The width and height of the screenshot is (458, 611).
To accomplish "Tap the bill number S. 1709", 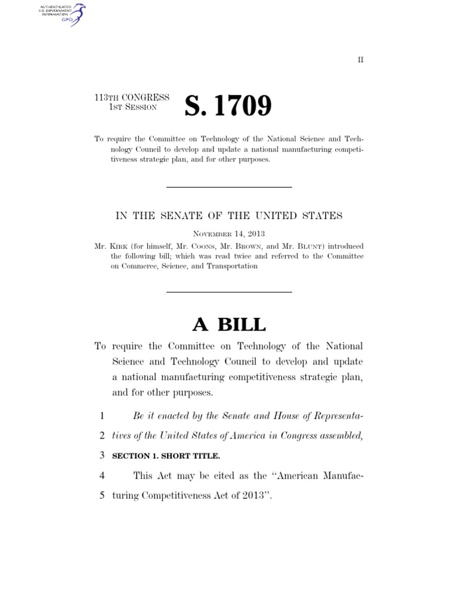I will pyautogui.click(x=228, y=106).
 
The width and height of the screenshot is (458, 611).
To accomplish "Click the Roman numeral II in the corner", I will pyautogui.click(x=360, y=60).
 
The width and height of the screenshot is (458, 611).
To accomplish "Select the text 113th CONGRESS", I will pyautogui.click(x=132, y=97).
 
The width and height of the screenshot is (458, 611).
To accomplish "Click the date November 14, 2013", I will pyautogui.click(x=229, y=234).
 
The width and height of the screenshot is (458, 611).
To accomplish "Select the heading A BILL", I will pyautogui.click(x=229, y=324).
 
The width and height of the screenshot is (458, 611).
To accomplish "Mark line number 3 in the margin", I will pyautogui.click(x=103, y=456).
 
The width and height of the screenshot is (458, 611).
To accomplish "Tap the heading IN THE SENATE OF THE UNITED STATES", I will pyautogui.click(x=229, y=215).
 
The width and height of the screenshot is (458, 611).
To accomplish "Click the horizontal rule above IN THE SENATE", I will pyautogui.click(x=229, y=188).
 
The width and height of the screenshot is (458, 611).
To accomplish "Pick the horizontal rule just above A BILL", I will pyautogui.click(x=229, y=292).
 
